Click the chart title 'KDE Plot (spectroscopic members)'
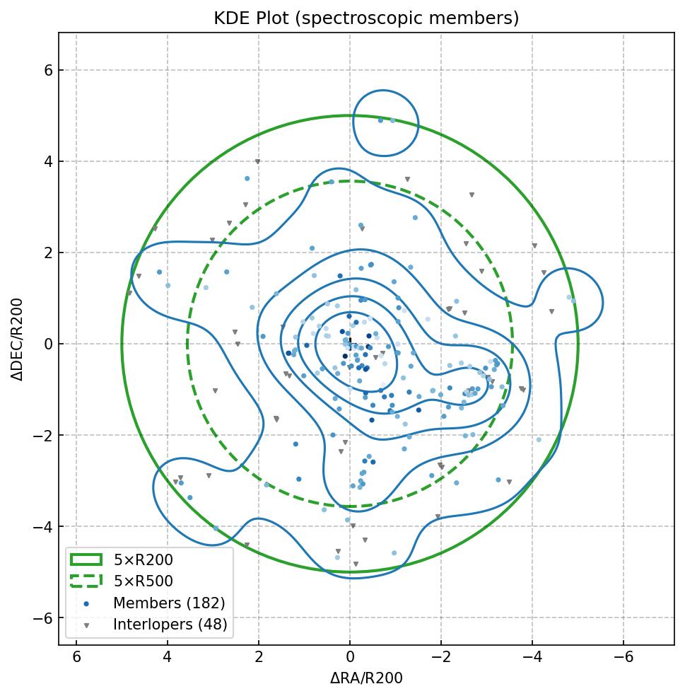tap(366, 18)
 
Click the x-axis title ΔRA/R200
tap(366, 678)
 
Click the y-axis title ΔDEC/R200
tap(17, 340)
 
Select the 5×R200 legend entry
tap(144, 560)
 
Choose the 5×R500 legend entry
tap(144, 581)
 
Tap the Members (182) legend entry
tap(169, 603)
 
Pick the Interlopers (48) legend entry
tap(170, 625)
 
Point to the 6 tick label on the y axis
tap(39, 70)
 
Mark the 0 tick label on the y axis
tap(39, 344)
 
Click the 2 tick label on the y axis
tap(39, 253)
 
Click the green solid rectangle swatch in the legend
tap(86, 560)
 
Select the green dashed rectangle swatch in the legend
tap(86, 581)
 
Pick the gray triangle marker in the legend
tap(86, 625)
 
